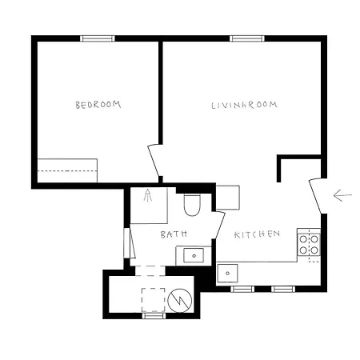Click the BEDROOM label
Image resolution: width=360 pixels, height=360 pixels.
click(x=98, y=105)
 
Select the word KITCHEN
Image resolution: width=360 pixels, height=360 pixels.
click(x=257, y=234)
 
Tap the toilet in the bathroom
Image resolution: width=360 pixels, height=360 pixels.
click(x=192, y=206)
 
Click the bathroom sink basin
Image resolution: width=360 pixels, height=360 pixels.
click(x=192, y=256)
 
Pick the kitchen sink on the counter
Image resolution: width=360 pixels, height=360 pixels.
click(x=229, y=274)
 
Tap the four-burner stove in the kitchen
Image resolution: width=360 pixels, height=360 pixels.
click(x=309, y=242)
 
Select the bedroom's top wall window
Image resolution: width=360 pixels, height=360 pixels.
click(x=98, y=38)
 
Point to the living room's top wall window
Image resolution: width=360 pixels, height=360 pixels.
click(x=247, y=38)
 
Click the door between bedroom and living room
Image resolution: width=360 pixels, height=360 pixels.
click(x=154, y=162)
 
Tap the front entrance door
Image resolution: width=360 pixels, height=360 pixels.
click(x=317, y=194)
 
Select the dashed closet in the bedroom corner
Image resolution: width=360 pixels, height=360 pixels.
click(x=68, y=170)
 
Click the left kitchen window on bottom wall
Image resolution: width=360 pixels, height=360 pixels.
click(x=242, y=288)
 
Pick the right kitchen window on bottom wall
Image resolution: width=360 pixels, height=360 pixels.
click(x=283, y=288)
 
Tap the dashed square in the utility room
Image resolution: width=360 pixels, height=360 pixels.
click(x=154, y=299)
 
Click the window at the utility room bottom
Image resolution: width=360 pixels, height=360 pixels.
click(x=154, y=316)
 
